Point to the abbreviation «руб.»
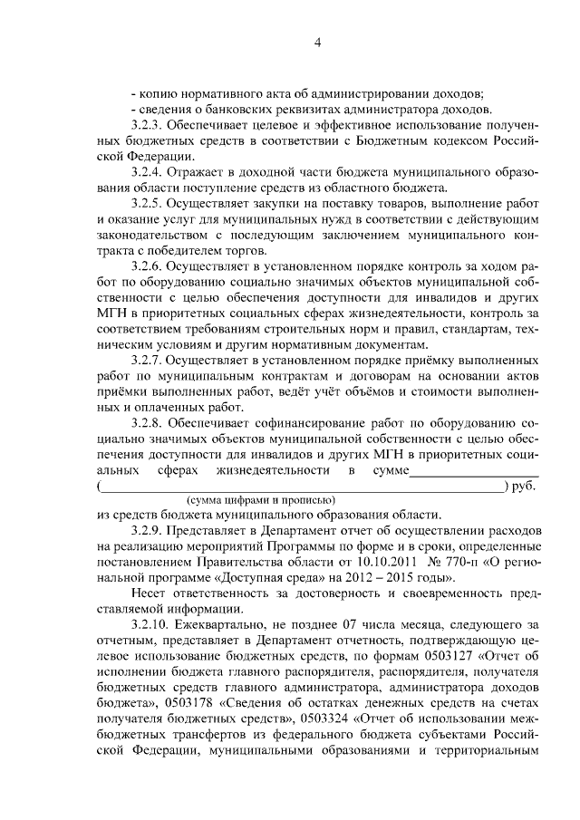coord(525,487)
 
